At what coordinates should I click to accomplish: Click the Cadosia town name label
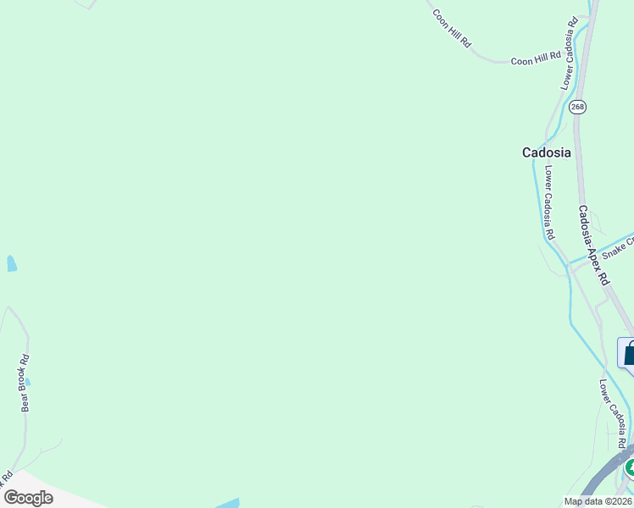(x=546, y=153)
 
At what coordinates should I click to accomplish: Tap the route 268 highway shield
(x=577, y=107)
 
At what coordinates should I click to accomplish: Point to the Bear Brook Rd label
(x=25, y=383)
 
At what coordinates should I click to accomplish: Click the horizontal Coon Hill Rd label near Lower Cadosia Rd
(x=536, y=58)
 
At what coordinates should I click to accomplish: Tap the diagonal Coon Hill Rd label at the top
(x=451, y=27)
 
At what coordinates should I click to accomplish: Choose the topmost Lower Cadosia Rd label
(x=569, y=52)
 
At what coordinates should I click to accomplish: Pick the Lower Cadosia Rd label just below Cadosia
(x=549, y=202)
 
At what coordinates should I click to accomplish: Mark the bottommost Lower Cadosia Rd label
(x=612, y=414)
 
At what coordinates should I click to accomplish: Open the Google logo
(x=28, y=498)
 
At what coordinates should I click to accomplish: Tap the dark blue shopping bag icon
(x=628, y=353)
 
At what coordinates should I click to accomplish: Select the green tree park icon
(x=630, y=467)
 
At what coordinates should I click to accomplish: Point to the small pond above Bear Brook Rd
(x=11, y=263)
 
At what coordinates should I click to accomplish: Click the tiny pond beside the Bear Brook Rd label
(x=27, y=382)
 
